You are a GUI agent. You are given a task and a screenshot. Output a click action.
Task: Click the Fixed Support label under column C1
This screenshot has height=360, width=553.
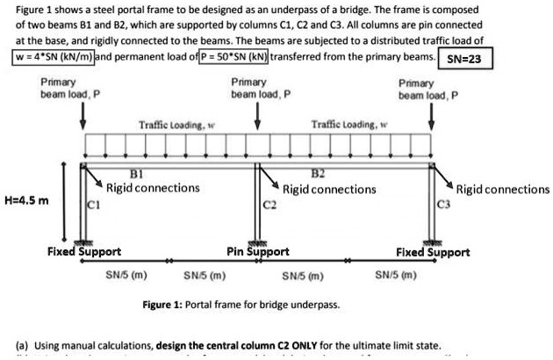(83, 251)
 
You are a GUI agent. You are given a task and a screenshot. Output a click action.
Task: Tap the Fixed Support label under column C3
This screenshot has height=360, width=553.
(433, 251)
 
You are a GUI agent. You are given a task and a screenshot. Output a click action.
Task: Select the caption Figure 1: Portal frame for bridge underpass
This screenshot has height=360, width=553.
(241, 305)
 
